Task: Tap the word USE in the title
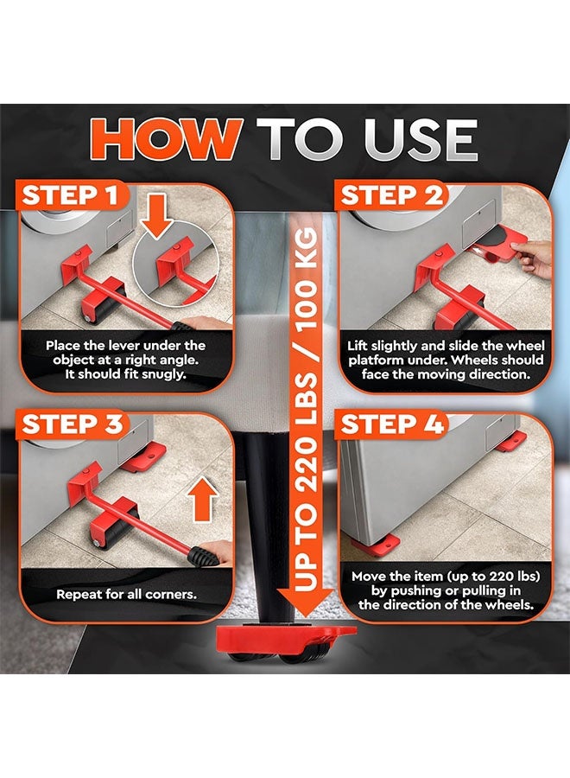[421, 139]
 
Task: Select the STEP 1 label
[70, 194]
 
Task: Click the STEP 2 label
[391, 194]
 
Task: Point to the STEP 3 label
[72, 424]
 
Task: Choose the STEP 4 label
[392, 424]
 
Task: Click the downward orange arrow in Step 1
[156, 214]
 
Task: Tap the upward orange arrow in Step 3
[203, 500]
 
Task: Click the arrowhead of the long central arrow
[306, 603]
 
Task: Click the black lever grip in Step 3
[204, 555]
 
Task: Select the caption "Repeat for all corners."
[126, 594]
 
